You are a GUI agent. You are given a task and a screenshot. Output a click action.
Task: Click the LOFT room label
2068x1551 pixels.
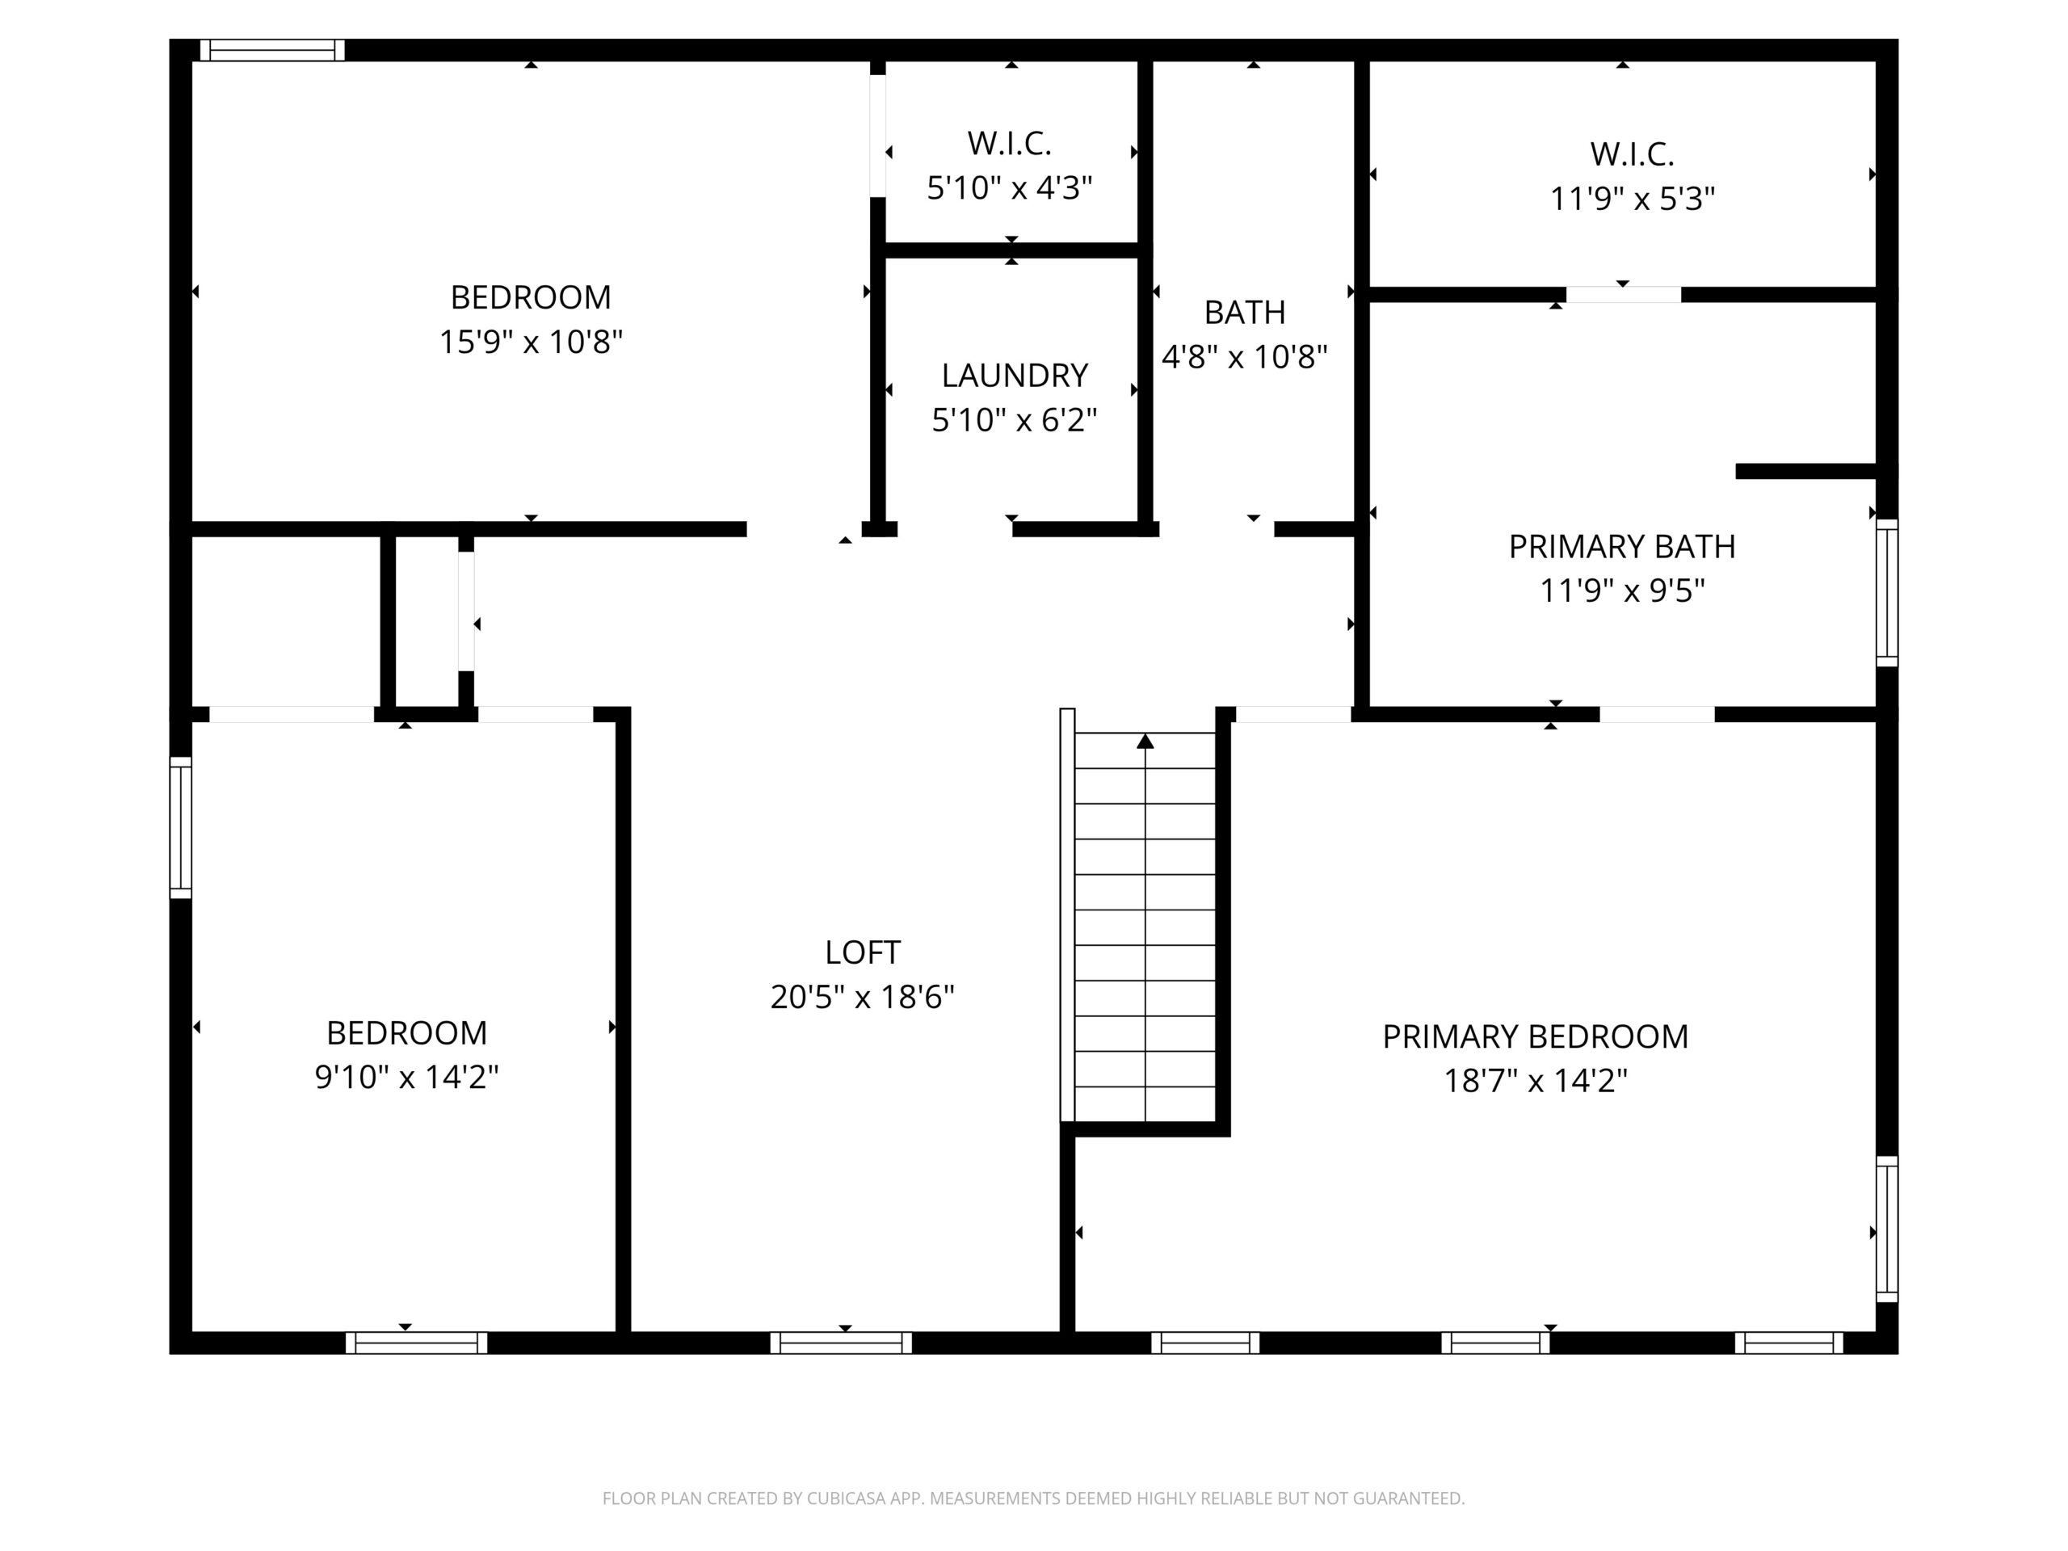click(x=862, y=952)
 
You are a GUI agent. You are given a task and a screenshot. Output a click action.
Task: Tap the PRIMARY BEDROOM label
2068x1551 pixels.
click(x=1535, y=1036)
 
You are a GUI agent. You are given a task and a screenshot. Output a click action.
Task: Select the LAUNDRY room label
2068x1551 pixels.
click(x=1015, y=375)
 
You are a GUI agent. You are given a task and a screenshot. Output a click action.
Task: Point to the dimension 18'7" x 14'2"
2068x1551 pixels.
click(x=1535, y=1081)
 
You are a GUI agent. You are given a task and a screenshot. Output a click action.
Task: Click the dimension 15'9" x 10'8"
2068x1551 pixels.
click(x=531, y=341)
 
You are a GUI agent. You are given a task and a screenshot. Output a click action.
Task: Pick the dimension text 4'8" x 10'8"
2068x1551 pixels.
click(x=1244, y=356)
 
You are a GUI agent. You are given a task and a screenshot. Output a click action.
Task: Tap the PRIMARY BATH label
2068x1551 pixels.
click(x=1622, y=546)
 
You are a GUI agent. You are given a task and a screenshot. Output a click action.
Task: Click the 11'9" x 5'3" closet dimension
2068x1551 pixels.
click(x=1633, y=198)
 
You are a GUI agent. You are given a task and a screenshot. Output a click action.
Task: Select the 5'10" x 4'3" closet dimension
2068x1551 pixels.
click(x=1010, y=188)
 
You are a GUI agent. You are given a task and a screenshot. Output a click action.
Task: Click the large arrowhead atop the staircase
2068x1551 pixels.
click(x=1145, y=742)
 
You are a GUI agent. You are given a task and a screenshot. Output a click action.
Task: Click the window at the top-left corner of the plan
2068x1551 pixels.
click(x=272, y=49)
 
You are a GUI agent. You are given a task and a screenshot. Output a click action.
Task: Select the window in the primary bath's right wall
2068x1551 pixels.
click(x=1888, y=593)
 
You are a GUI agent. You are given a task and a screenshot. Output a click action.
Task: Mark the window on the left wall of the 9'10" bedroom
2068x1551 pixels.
click(x=180, y=827)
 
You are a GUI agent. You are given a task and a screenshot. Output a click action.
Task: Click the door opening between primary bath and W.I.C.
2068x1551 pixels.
click(x=1623, y=295)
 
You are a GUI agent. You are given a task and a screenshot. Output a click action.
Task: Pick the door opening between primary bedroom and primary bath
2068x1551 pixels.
click(x=1657, y=714)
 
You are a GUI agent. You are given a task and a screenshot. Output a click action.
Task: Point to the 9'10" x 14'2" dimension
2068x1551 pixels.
click(x=406, y=1077)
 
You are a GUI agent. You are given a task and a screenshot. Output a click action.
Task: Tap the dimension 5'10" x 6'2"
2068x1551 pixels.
click(x=1015, y=420)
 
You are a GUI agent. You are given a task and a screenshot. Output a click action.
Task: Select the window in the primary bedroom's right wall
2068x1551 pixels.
click(x=1888, y=1229)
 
